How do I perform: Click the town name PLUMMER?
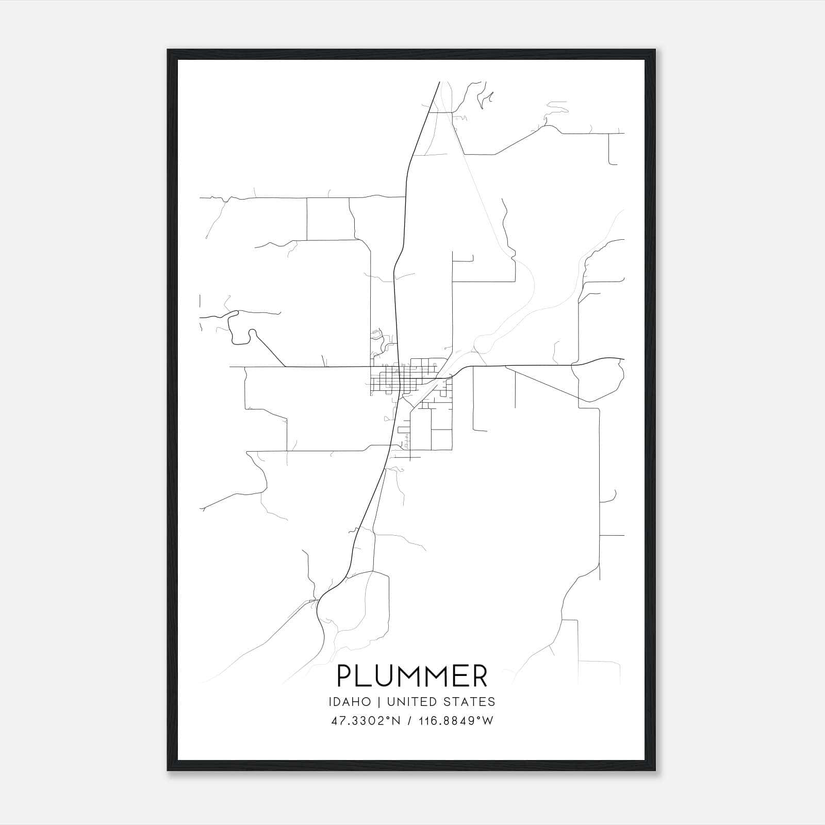412,676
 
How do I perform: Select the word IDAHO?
350,702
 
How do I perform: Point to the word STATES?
473,702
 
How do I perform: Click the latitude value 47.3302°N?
366,721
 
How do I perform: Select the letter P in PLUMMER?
344,676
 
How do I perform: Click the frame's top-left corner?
169,51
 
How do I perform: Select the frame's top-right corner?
654,51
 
